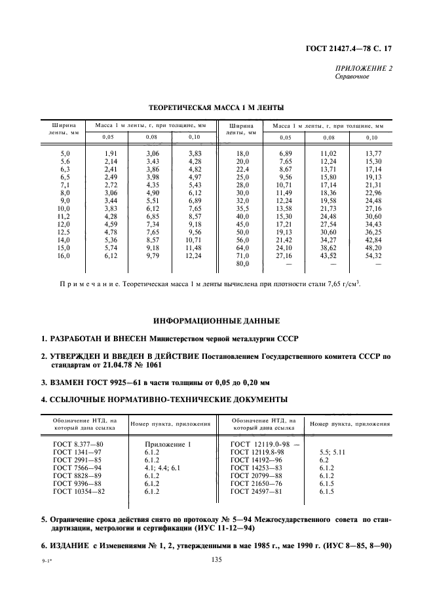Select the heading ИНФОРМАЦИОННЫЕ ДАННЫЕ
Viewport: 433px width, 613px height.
tap(216, 321)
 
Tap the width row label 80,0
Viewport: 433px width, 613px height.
tap(243, 263)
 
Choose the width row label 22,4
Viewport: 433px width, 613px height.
tap(243, 169)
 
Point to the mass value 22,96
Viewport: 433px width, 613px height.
tap(371, 194)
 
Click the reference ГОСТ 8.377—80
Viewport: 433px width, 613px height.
tap(79, 445)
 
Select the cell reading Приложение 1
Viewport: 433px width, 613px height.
tap(167, 445)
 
